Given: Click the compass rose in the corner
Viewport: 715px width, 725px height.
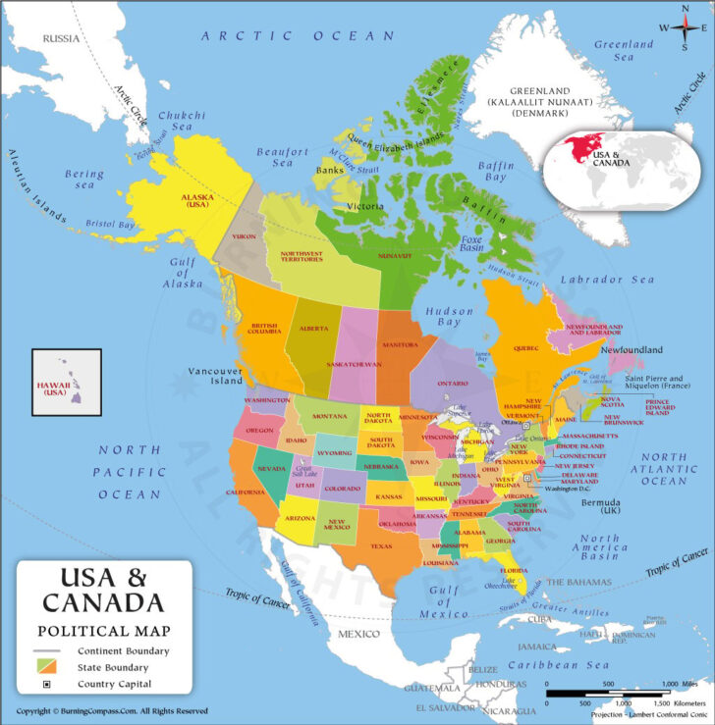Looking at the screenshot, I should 686,26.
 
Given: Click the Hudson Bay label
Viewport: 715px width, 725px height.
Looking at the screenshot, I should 442,317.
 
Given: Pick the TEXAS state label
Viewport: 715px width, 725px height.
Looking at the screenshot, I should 381,545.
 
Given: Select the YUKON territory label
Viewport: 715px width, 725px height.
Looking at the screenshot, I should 244,236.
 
